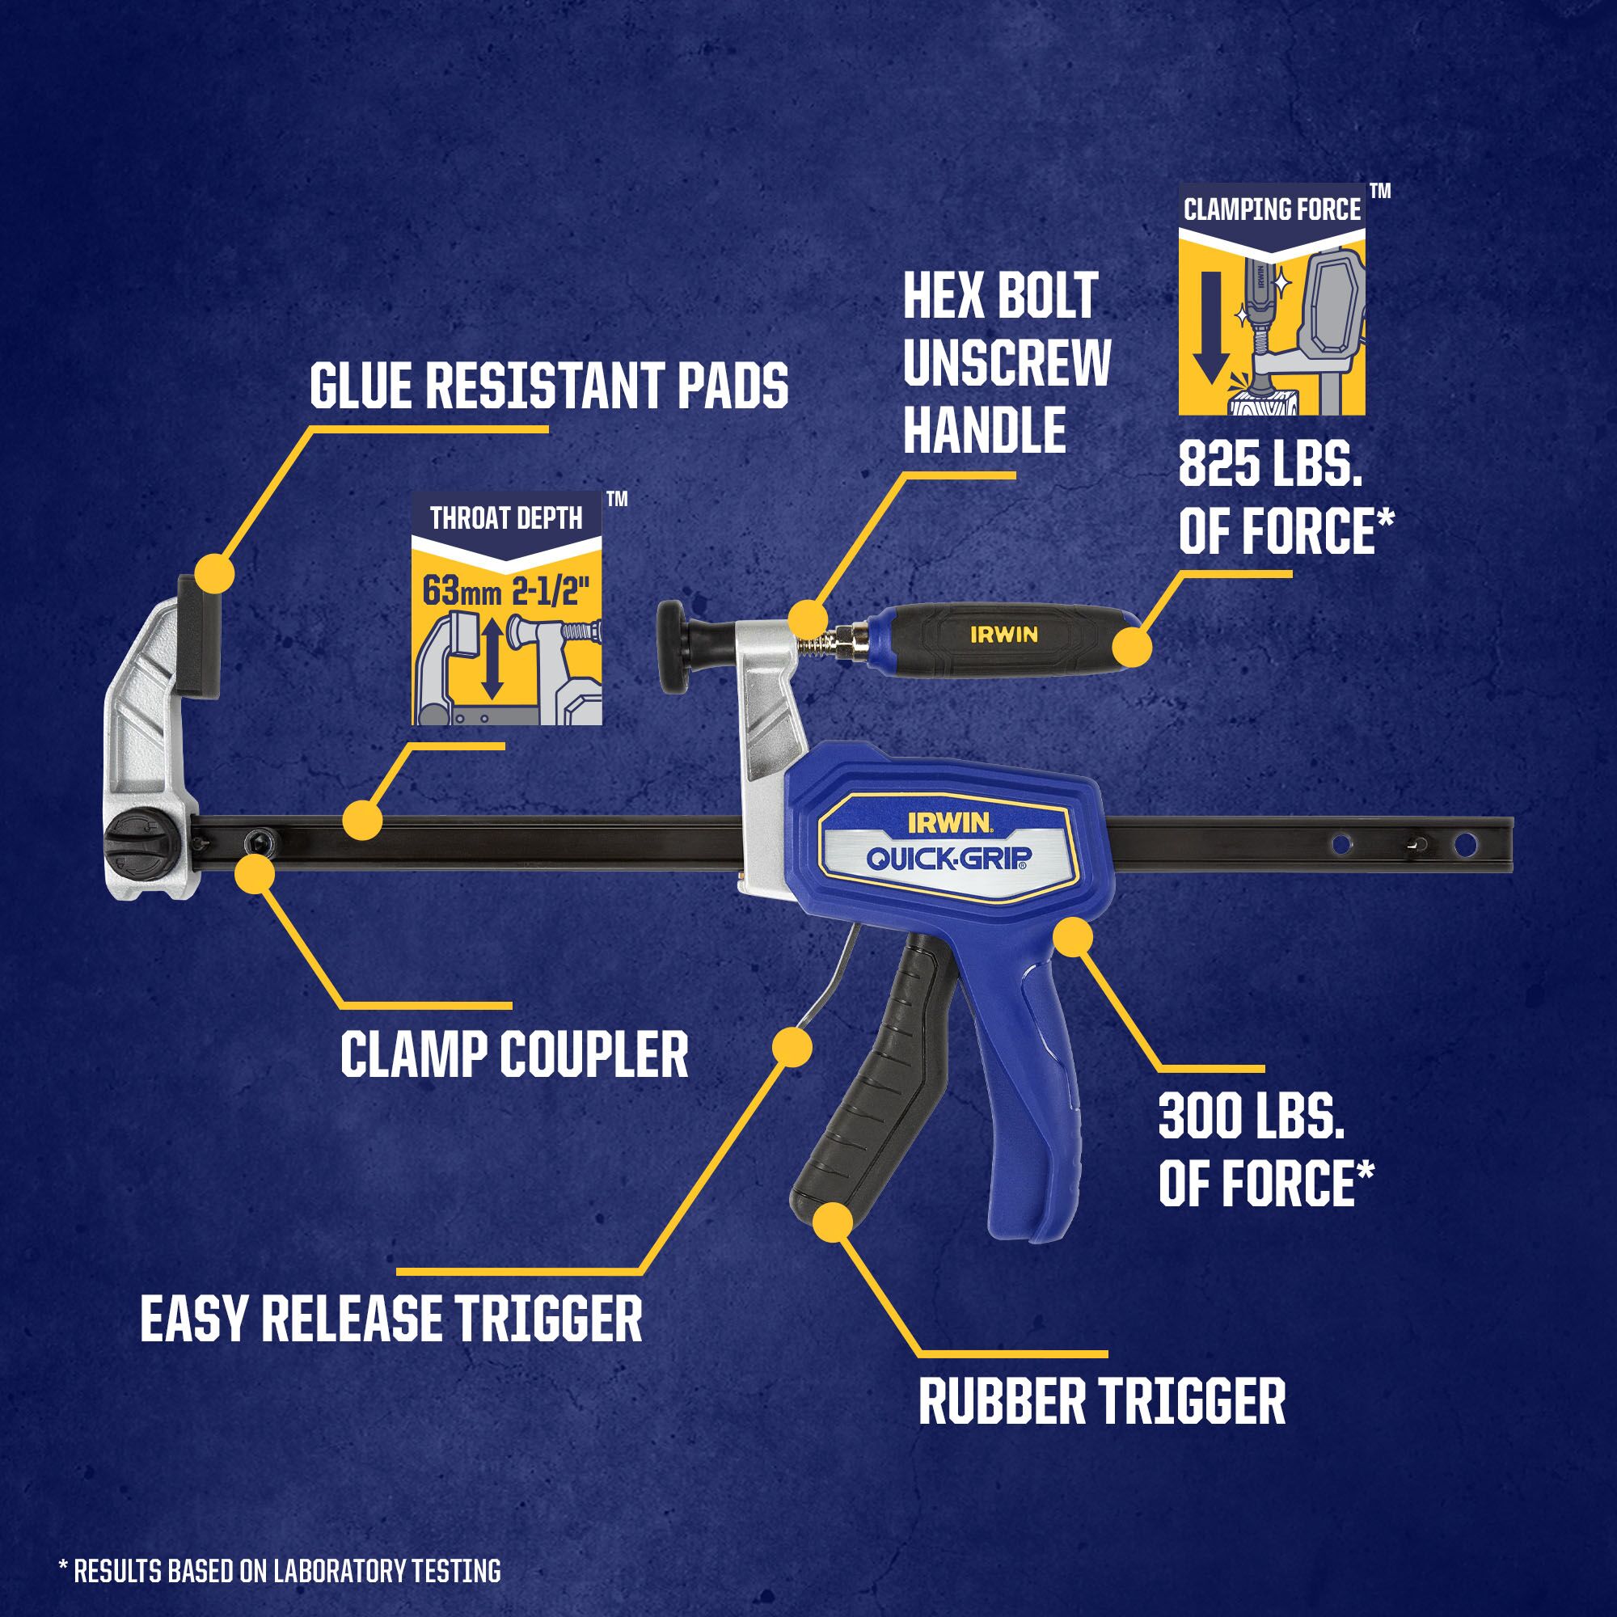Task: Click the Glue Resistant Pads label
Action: click(x=548, y=385)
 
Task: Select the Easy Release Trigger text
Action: click(x=391, y=1318)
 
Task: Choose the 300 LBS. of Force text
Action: click(x=1265, y=1150)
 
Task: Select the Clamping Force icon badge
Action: click(x=1271, y=300)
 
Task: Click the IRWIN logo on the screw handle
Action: click(x=1003, y=635)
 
